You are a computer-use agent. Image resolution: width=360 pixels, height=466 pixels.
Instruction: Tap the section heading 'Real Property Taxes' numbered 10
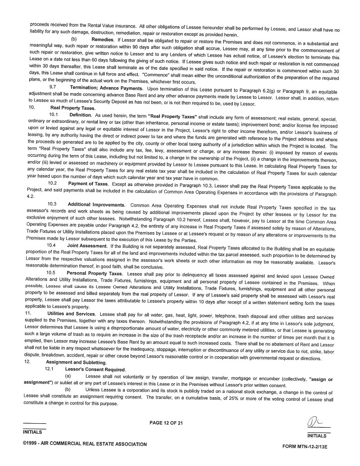click(73, 108)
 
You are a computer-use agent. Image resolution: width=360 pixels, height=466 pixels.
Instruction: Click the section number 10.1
click(54, 115)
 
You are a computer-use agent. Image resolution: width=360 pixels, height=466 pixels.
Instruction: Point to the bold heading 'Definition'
click(81, 115)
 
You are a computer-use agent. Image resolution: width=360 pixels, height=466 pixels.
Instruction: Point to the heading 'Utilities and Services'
click(71, 314)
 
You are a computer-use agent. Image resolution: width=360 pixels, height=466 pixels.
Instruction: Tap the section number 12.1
click(50, 368)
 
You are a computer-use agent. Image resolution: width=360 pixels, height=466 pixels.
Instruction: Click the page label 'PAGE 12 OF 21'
click(166, 422)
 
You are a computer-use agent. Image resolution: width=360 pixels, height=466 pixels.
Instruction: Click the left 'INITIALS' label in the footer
click(33, 432)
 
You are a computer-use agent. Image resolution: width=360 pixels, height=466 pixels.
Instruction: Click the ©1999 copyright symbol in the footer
click(25, 444)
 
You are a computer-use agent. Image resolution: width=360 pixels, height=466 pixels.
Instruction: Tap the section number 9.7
click(65, 88)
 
